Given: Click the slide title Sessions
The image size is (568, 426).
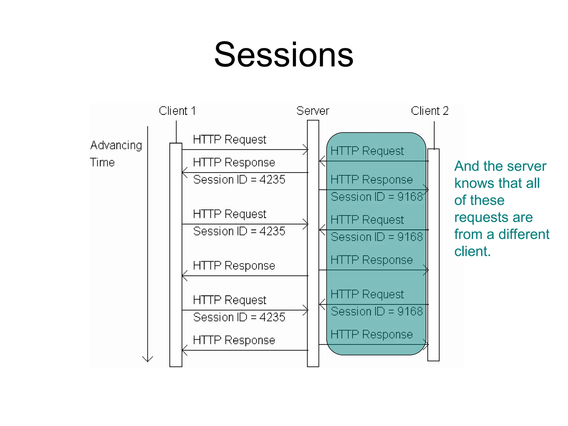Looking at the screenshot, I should coord(284,55).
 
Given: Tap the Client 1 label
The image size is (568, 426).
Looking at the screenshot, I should coord(177,111).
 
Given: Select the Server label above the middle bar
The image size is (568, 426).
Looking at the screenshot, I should coord(313,111).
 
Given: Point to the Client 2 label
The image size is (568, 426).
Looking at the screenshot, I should coord(430,111).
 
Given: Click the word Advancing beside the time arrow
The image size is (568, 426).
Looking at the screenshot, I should coord(116,145).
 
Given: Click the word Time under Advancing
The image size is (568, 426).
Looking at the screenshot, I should coord(102,163).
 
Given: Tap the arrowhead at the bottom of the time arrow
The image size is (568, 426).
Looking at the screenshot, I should coord(148,359).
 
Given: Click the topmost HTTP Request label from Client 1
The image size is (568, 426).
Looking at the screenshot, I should coord(230,139).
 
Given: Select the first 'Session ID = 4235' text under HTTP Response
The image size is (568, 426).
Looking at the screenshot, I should coord(239,180).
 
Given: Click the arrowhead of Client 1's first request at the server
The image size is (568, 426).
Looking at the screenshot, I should coord(306,150).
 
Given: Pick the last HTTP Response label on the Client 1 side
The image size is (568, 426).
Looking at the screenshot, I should coord(234,340).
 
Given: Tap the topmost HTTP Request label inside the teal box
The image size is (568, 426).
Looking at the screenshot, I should coord(367,151).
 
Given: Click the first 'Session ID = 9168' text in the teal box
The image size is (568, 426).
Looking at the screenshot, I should coord(376,197).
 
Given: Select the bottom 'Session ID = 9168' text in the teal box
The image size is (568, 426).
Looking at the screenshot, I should coord(376,311).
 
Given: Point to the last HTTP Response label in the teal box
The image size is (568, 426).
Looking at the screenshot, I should coord(372,334).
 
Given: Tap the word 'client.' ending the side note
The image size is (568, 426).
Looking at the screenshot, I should coord(472,251).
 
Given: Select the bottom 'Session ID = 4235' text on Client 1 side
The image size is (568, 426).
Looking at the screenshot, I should coord(239,317).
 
